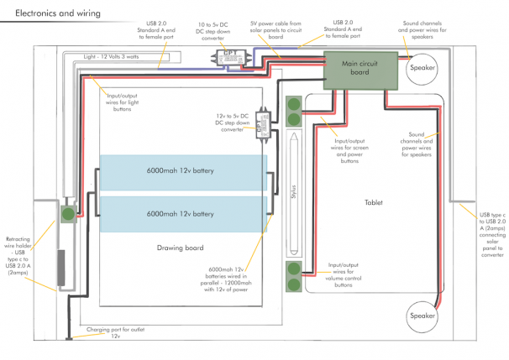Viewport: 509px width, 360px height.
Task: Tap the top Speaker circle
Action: pyautogui.click(x=423, y=69)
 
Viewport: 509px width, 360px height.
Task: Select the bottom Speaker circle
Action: pyautogui.click(x=423, y=316)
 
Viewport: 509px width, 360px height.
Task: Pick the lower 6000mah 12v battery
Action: pyautogui.click(x=183, y=214)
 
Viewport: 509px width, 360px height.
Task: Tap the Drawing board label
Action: pyautogui.click(x=181, y=248)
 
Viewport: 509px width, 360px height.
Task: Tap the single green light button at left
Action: pyautogui.click(x=67, y=214)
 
